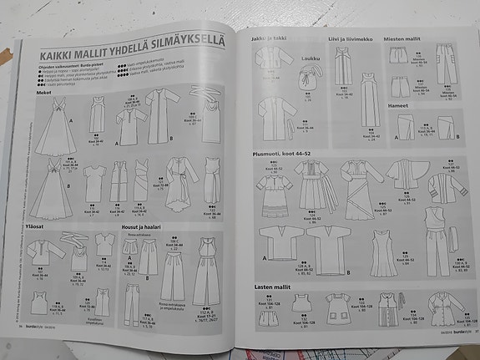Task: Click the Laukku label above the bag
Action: [311, 58]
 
